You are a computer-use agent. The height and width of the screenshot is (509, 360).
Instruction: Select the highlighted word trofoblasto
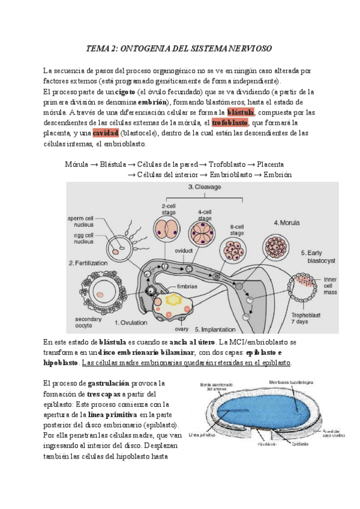click(230, 122)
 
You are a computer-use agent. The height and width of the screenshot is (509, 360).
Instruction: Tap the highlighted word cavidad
click(106, 133)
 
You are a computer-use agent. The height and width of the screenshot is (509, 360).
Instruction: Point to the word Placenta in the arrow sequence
click(268, 164)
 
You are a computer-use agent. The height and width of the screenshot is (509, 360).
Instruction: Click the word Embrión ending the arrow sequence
click(277, 175)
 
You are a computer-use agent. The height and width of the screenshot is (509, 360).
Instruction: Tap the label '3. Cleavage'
click(205, 188)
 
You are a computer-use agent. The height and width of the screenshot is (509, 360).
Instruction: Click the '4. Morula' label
click(287, 223)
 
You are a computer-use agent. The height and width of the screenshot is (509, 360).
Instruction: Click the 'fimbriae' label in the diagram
click(189, 287)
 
